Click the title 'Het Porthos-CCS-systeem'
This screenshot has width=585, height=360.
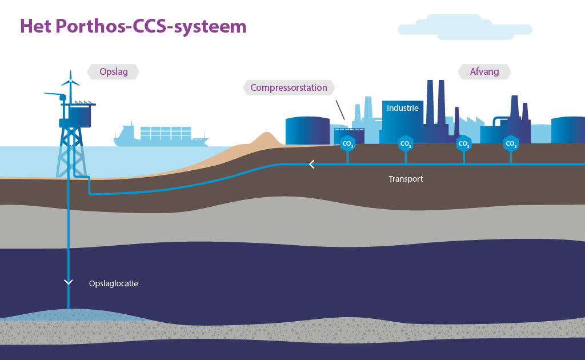coord(133,26)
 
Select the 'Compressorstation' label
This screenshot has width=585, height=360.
coord(289,87)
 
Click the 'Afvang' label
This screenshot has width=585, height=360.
coord(484,72)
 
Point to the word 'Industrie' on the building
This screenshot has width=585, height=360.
coord(403,108)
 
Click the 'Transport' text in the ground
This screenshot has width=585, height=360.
coord(406,179)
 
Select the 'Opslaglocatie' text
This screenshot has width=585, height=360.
coord(114,283)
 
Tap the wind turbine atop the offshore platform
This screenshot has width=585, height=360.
coord(71,83)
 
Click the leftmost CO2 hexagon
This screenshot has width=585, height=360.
coord(346,143)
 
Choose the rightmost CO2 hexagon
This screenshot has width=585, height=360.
coord(511,143)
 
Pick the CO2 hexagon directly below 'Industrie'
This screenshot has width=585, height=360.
coord(405,143)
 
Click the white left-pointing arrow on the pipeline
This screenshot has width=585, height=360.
coord(312,165)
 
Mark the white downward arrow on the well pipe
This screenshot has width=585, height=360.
coord(69,282)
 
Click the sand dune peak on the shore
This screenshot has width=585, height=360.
coord(266,137)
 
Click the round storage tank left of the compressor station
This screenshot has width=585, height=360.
coord(307,131)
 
